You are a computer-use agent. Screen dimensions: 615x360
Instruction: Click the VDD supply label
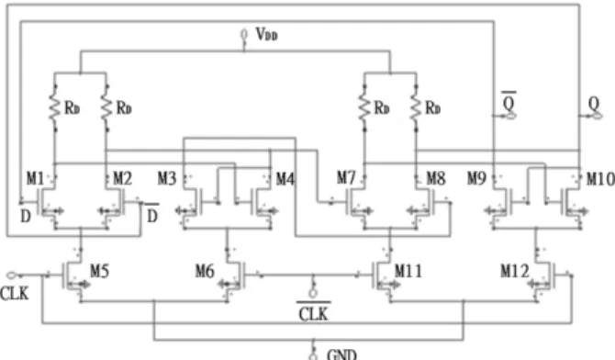click(x=267, y=35)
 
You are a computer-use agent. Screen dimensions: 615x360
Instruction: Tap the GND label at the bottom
click(x=341, y=354)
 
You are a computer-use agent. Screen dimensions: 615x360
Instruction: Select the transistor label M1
click(x=35, y=179)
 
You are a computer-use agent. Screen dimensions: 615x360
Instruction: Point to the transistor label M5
click(x=100, y=271)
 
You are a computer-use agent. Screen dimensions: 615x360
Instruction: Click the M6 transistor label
click(x=205, y=271)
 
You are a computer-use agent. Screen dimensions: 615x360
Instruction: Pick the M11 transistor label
click(x=408, y=271)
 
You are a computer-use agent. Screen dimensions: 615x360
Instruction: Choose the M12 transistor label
click(x=515, y=271)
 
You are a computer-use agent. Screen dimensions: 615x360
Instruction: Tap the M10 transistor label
click(x=600, y=179)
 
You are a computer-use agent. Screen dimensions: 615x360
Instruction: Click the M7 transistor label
click(x=346, y=178)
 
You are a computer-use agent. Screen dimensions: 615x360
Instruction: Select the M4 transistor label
click(x=285, y=179)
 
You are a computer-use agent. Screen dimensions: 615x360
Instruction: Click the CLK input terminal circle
click(x=11, y=276)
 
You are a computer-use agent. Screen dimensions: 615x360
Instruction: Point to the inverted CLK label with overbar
click(x=313, y=312)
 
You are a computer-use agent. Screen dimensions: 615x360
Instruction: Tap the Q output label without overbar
click(x=594, y=104)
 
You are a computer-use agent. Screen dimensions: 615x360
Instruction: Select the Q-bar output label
click(x=509, y=102)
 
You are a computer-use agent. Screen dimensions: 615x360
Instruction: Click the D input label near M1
click(x=25, y=217)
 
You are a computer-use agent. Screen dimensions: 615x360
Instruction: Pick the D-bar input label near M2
click(x=152, y=213)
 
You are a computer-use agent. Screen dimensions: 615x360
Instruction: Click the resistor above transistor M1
click(x=55, y=107)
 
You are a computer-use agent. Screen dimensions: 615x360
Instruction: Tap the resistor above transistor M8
click(x=416, y=107)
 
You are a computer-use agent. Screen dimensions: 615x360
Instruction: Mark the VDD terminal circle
click(x=244, y=34)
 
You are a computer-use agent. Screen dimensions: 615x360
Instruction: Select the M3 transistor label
click(x=167, y=179)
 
